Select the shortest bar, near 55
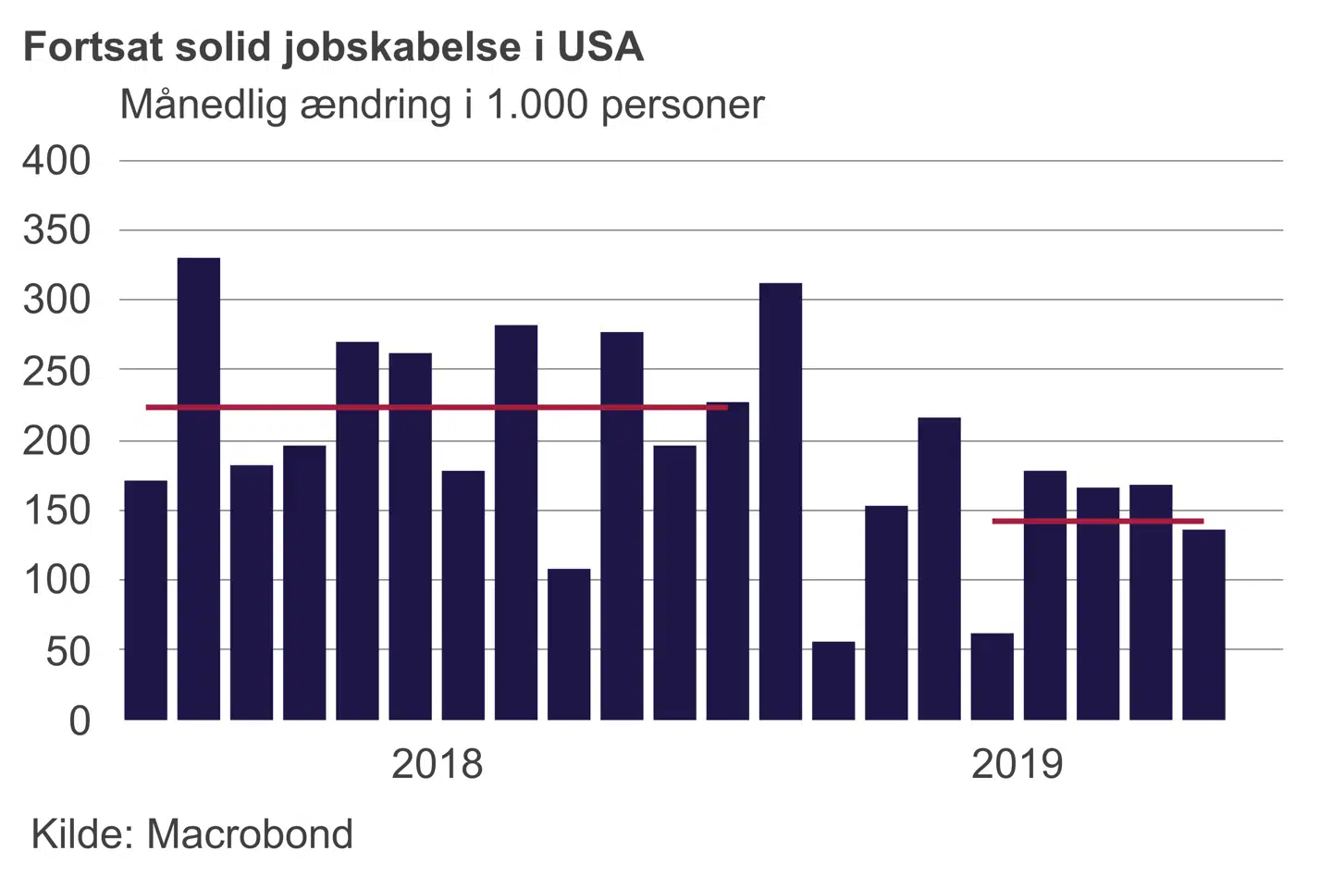pos(833,681)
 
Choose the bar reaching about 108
pos(569,644)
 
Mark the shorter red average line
pos(1097,522)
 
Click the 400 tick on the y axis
pos(57,161)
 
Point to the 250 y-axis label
pos(57,371)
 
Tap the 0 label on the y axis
pos(80,721)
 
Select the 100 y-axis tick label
pos(57,581)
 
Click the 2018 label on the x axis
pos(437,765)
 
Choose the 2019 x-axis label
pos(1017,765)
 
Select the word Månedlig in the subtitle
pos(204,105)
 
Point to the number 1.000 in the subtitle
pos(537,105)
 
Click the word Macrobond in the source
pos(250,834)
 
